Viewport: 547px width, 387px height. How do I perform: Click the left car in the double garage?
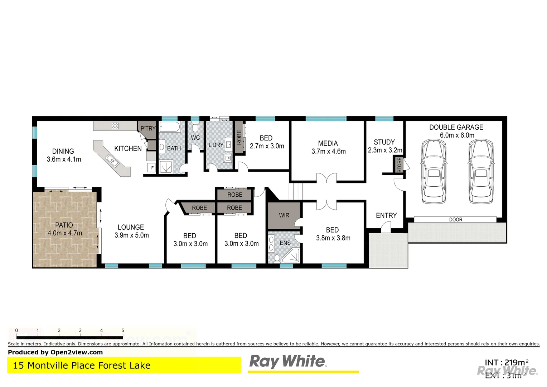(434, 172)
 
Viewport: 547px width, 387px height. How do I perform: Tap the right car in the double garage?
(481, 172)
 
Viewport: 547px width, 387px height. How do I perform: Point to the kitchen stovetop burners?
(115, 126)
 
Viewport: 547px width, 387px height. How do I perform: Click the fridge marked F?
(152, 168)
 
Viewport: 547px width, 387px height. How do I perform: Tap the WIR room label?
(284, 215)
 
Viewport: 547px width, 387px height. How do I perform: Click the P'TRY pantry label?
(148, 128)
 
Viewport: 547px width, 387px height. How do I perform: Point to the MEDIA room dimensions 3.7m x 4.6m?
(329, 152)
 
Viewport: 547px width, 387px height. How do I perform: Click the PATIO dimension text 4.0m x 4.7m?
(65, 233)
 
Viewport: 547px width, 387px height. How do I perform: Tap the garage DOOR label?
(456, 220)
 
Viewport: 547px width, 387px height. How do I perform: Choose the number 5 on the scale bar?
(123, 331)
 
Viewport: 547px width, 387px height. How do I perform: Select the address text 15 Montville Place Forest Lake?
(82, 365)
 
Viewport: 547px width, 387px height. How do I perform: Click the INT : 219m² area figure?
(507, 363)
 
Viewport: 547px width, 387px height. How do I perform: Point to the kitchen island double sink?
(112, 160)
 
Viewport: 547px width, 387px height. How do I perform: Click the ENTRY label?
(386, 215)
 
